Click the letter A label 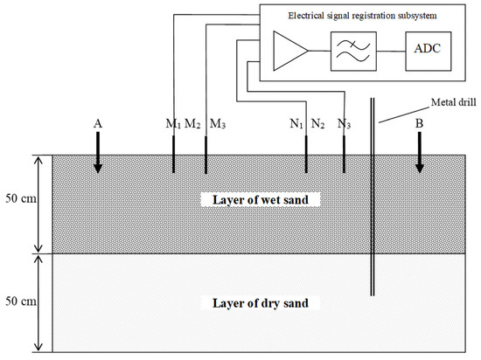[x=99, y=124]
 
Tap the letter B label [x=420, y=124]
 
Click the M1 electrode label [x=173, y=124]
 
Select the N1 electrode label [x=299, y=124]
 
